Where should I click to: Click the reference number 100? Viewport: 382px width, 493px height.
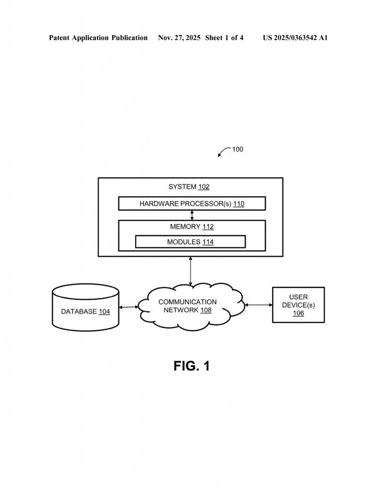pyautogui.click(x=238, y=149)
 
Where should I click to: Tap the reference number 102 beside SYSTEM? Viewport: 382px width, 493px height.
pyautogui.click(x=204, y=187)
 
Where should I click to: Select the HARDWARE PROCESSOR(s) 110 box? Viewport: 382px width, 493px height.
pyautogui.click(x=192, y=204)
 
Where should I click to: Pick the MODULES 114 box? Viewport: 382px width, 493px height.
pyautogui.click(x=191, y=242)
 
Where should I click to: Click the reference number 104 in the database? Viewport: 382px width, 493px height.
pyautogui.click(x=104, y=312)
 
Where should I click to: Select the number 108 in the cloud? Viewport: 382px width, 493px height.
pyautogui.click(x=205, y=310)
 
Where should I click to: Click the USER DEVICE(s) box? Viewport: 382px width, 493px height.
pyautogui.click(x=298, y=305)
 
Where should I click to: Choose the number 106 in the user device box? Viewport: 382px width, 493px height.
pyautogui.click(x=298, y=313)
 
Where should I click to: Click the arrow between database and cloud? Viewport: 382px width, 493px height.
pyautogui.click(x=128, y=307)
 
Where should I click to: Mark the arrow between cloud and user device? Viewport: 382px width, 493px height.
pyautogui.click(x=258, y=305)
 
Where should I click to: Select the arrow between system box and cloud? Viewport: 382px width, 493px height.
pyautogui.click(x=191, y=272)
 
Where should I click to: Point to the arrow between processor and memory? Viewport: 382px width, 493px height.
pyautogui.click(x=192, y=215)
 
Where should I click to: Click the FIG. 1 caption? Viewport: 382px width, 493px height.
pyautogui.click(x=191, y=366)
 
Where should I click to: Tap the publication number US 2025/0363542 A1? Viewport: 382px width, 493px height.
pyautogui.click(x=295, y=38)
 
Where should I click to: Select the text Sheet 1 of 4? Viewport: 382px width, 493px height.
pyautogui.click(x=224, y=38)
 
